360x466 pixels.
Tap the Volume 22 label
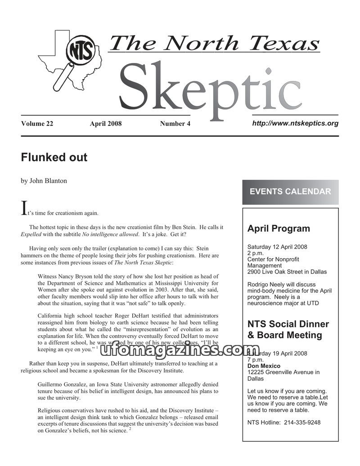pos(37,124)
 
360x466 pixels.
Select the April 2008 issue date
pos(106,124)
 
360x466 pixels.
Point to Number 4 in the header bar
pos(175,124)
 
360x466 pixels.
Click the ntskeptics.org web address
pos(295,123)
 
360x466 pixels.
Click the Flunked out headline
pos(54,158)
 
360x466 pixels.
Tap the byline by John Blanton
pos(44,181)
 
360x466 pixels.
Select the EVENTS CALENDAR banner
pos(290,192)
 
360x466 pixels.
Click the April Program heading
pos(279,229)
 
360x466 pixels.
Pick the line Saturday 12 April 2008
pos(277,247)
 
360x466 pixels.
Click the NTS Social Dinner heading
pos(288,324)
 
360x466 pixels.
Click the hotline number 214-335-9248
pos(302,422)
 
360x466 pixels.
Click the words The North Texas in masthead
pos(214,43)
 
